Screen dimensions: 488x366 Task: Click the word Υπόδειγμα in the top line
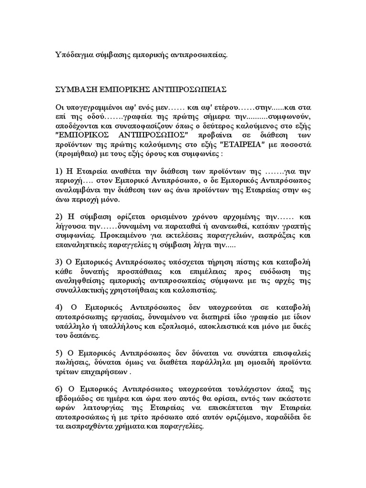tap(71, 55)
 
